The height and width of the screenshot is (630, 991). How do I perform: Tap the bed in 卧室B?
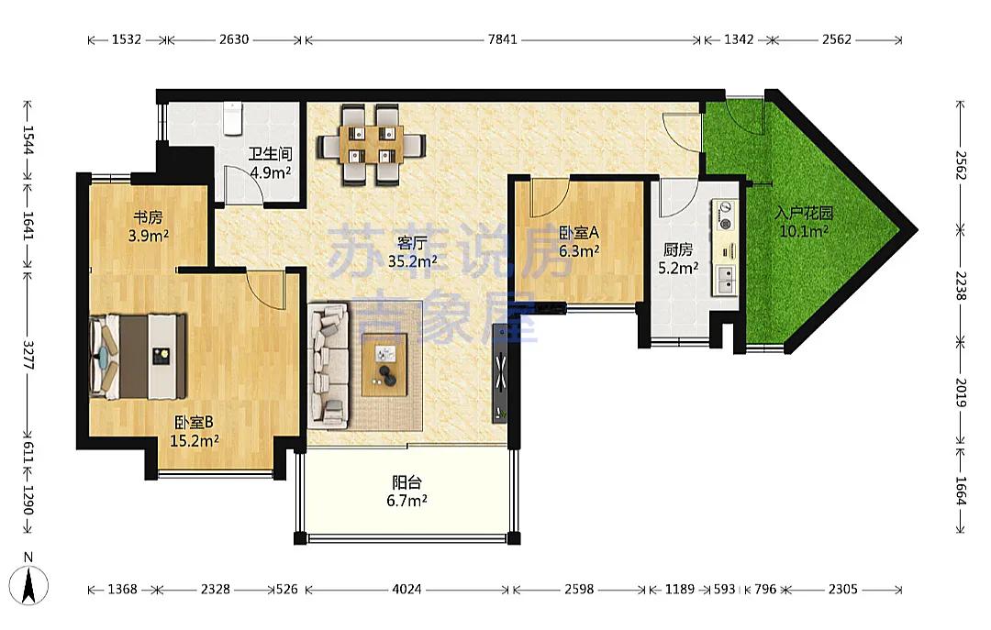coord(139,357)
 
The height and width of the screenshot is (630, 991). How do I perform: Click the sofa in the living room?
coord(328,365)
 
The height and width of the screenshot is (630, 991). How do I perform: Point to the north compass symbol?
coord(28,581)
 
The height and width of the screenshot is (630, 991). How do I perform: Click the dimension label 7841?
coord(503,39)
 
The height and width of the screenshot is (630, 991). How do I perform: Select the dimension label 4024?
coord(406,590)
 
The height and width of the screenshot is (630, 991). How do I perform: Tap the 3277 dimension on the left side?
coord(28,355)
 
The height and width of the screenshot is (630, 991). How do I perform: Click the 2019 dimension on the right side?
coord(961,393)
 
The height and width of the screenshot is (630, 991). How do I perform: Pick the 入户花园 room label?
coord(804,213)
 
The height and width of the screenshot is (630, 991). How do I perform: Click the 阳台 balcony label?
coord(406,483)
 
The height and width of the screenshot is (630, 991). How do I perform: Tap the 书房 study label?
coord(148,217)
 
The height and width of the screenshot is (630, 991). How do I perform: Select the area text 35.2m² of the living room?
coord(413,261)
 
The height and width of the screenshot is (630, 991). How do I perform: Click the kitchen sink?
coord(725,280)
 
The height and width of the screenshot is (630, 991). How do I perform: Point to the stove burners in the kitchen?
coord(724,216)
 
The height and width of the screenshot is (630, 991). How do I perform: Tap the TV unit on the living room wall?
coord(501,373)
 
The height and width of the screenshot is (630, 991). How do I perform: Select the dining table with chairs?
coord(371,145)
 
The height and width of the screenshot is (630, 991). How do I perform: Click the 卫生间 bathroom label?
coord(270,154)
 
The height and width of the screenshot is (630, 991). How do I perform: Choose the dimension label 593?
coord(724,590)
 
